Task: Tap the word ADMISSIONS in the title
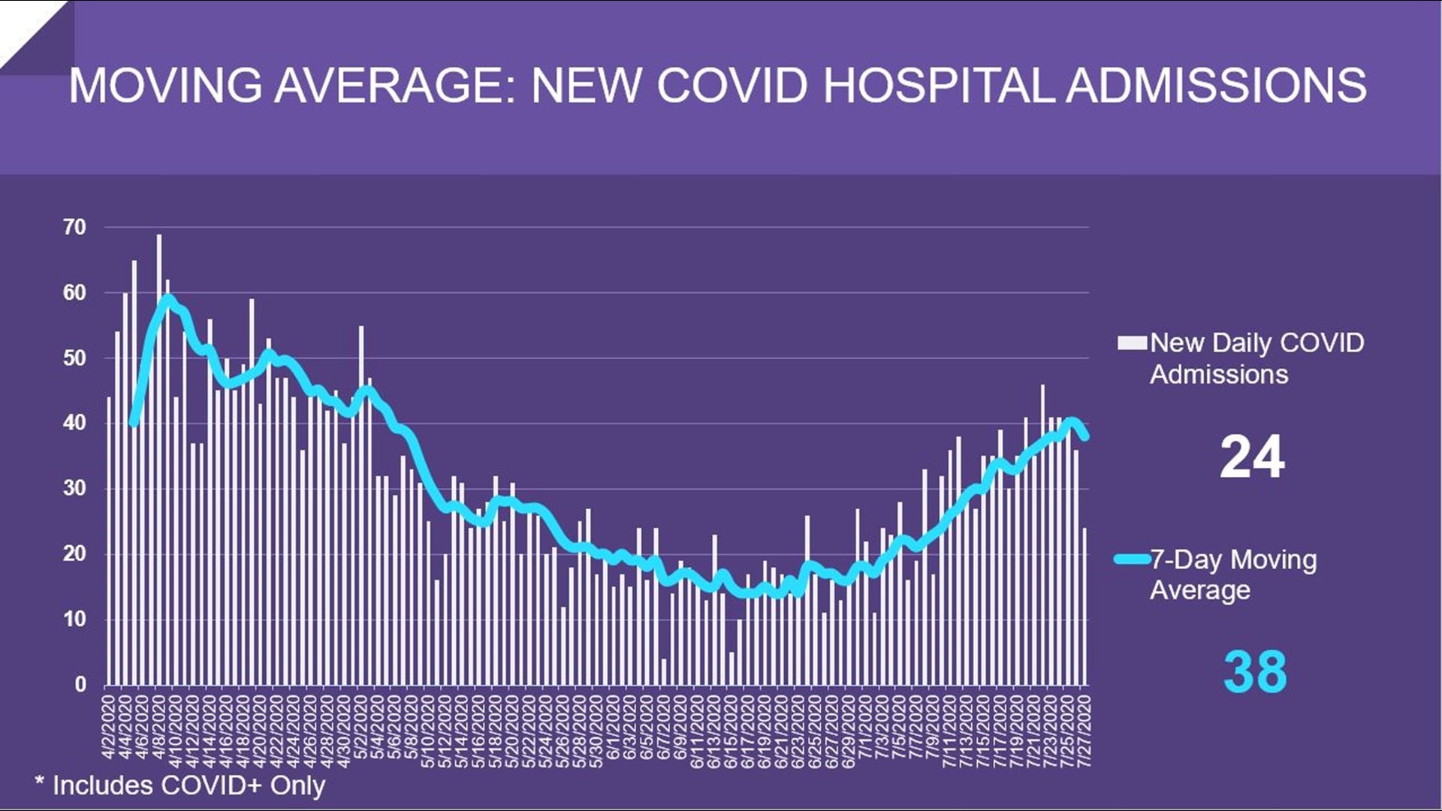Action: (x=1216, y=85)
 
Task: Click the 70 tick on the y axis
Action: (x=74, y=227)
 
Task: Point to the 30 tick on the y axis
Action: (x=74, y=488)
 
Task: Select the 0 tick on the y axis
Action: (x=80, y=684)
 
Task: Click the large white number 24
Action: (x=1252, y=457)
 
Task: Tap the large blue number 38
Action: (x=1254, y=671)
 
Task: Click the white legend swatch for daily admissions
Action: (x=1132, y=343)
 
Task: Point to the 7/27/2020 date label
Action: (x=1084, y=728)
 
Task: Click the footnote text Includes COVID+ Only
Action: (x=188, y=785)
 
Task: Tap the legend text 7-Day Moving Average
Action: (x=1233, y=574)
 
